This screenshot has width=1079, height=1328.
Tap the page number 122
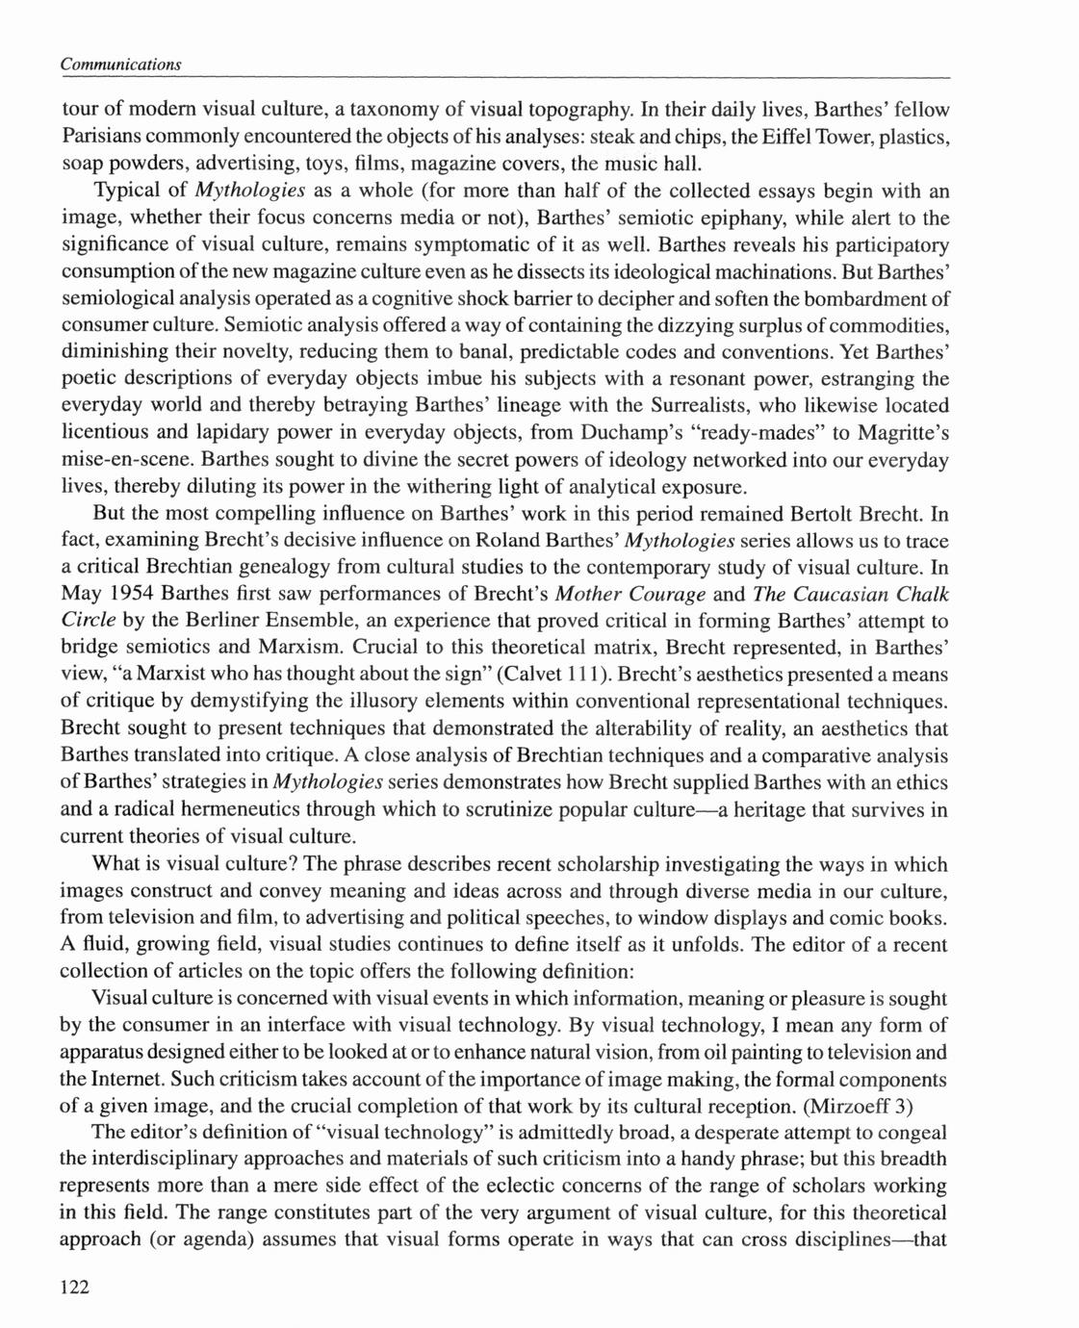click(x=74, y=1288)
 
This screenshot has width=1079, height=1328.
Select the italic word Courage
click(x=661, y=595)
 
